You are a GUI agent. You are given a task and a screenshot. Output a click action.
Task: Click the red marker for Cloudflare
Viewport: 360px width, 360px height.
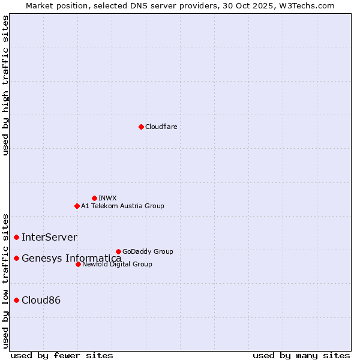point(141,127)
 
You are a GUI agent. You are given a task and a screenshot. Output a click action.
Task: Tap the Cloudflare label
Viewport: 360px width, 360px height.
point(161,127)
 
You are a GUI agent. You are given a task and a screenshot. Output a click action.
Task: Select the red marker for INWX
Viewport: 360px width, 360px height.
point(94,198)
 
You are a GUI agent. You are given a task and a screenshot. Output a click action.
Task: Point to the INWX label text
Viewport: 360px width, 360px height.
point(107,198)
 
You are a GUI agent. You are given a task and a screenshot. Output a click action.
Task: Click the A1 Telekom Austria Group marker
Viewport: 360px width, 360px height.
point(77,206)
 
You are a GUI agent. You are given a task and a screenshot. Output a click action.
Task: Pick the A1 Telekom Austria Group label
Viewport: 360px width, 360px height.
point(122,206)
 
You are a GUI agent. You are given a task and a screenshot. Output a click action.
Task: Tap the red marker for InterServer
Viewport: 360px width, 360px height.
point(16,237)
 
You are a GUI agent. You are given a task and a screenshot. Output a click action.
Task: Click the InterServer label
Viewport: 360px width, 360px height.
point(49,238)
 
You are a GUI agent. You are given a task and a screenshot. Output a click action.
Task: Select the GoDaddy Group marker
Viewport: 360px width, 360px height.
point(118,251)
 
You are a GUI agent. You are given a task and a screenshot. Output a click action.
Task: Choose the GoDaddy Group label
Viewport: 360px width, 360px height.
point(148,251)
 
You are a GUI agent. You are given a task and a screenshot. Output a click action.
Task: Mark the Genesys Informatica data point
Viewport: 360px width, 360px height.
point(16,258)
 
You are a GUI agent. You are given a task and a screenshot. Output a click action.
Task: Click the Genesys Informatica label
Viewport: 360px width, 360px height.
point(71,259)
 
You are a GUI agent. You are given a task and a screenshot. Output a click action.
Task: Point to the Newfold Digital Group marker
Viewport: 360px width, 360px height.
point(78,264)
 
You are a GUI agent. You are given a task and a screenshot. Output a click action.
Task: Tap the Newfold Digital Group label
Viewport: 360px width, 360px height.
point(117,264)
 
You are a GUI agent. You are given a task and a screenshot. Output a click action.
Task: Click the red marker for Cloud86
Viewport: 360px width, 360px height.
point(16,300)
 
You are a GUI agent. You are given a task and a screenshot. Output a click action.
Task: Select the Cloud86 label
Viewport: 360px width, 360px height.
point(41,301)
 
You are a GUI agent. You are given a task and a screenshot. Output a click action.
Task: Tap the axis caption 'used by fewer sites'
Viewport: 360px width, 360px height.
point(62,355)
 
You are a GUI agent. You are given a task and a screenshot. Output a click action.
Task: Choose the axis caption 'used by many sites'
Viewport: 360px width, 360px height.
point(301,355)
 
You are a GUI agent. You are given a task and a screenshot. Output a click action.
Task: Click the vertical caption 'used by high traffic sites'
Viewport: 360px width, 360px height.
point(5,85)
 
